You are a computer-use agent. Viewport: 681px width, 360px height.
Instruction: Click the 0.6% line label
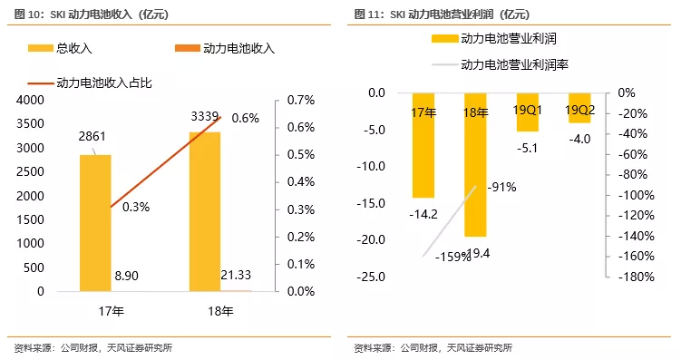pos(245,118)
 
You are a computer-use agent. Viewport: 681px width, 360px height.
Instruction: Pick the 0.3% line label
pos(135,207)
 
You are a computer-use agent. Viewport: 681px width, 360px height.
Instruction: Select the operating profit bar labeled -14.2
pos(423,145)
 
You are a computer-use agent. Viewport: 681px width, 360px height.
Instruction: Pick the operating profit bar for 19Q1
pos(528,112)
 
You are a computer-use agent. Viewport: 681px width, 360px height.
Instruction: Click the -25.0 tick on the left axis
pos(372,277)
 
